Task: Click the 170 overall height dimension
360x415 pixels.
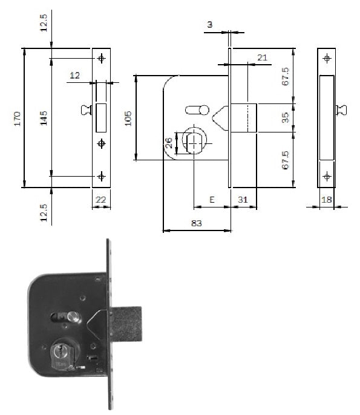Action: coord(18,119)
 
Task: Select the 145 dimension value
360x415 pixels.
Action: coord(44,118)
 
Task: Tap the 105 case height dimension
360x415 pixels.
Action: coord(128,119)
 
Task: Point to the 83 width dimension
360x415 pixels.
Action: coord(197,223)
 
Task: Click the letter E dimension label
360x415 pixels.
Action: coord(212,200)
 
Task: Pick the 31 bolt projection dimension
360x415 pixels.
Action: coord(243,200)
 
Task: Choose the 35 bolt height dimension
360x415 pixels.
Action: coord(286,118)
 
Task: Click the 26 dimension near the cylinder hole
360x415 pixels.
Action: coord(169,143)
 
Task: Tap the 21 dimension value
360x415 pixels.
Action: coord(262,57)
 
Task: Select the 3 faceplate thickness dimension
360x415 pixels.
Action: coord(210,25)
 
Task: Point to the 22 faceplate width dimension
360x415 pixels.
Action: coord(100,200)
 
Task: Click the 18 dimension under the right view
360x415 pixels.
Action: coord(326,200)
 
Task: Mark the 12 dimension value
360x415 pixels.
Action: coord(74,76)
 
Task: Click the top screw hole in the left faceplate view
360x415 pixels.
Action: coord(101,58)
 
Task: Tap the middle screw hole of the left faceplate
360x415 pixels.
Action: coord(101,143)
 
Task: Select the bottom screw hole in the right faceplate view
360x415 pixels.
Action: coord(327,176)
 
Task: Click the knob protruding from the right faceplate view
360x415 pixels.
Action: coord(341,110)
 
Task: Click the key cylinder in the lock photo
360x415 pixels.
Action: coord(63,355)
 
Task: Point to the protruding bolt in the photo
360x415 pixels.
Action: coord(126,324)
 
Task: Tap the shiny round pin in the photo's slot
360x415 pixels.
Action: coord(73,317)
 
